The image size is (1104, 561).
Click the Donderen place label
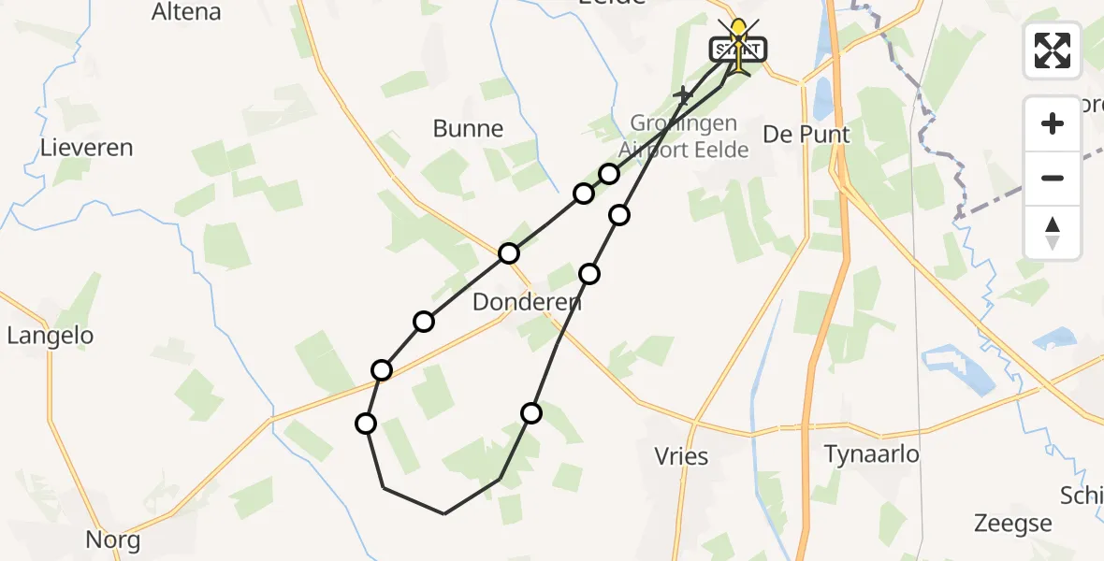pyautogui.click(x=527, y=302)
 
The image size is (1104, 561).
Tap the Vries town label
pyautogui.click(x=682, y=456)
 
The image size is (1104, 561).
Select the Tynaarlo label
pyautogui.click(x=871, y=454)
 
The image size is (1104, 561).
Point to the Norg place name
pyautogui.click(x=112, y=539)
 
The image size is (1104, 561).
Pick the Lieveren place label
pyautogui.click(x=86, y=148)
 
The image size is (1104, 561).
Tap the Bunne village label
pyautogui.click(x=468, y=129)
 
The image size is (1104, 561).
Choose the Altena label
pyautogui.click(x=186, y=12)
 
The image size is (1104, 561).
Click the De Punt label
pyautogui.click(x=806, y=135)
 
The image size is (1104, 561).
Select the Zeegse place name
pyautogui.click(x=1013, y=523)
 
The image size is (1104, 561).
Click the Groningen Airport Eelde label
pyautogui.click(x=683, y=137)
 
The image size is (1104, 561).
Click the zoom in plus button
pyautogui.click(x=1053, y=123)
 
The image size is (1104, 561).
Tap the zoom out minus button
pyautogui.click(x=1053, y=178)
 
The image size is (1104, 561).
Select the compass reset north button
pyautogui.click(x=1053, y=232)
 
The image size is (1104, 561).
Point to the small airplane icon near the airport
pyautogui.click(x=685, y=94)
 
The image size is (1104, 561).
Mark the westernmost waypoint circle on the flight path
pyautogui.click(x=366, y=424)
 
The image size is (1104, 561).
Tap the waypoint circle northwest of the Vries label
pyautogui.click(x=531, y=413)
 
